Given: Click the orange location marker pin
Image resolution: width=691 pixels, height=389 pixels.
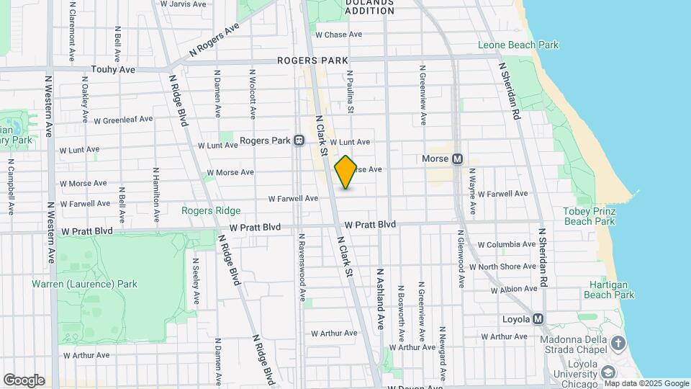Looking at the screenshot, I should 345,172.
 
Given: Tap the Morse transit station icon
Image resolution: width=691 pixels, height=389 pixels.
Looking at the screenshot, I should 456,158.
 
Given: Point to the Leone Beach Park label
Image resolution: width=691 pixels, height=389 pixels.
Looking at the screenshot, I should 518,45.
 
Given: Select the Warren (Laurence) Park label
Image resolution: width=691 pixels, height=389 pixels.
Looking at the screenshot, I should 84,284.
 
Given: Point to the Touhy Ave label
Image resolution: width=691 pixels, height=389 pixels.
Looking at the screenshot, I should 113,69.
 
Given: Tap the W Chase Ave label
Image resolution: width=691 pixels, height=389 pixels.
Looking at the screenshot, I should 338,35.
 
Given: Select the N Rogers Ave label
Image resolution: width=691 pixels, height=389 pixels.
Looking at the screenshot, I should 214,40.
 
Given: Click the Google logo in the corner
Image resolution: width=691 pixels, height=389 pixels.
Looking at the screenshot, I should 24,380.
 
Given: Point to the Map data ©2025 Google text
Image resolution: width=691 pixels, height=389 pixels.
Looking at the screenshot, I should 645,383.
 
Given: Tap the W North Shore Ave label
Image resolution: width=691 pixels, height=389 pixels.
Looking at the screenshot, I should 508,267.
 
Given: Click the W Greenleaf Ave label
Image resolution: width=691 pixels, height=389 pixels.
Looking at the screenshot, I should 123,120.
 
